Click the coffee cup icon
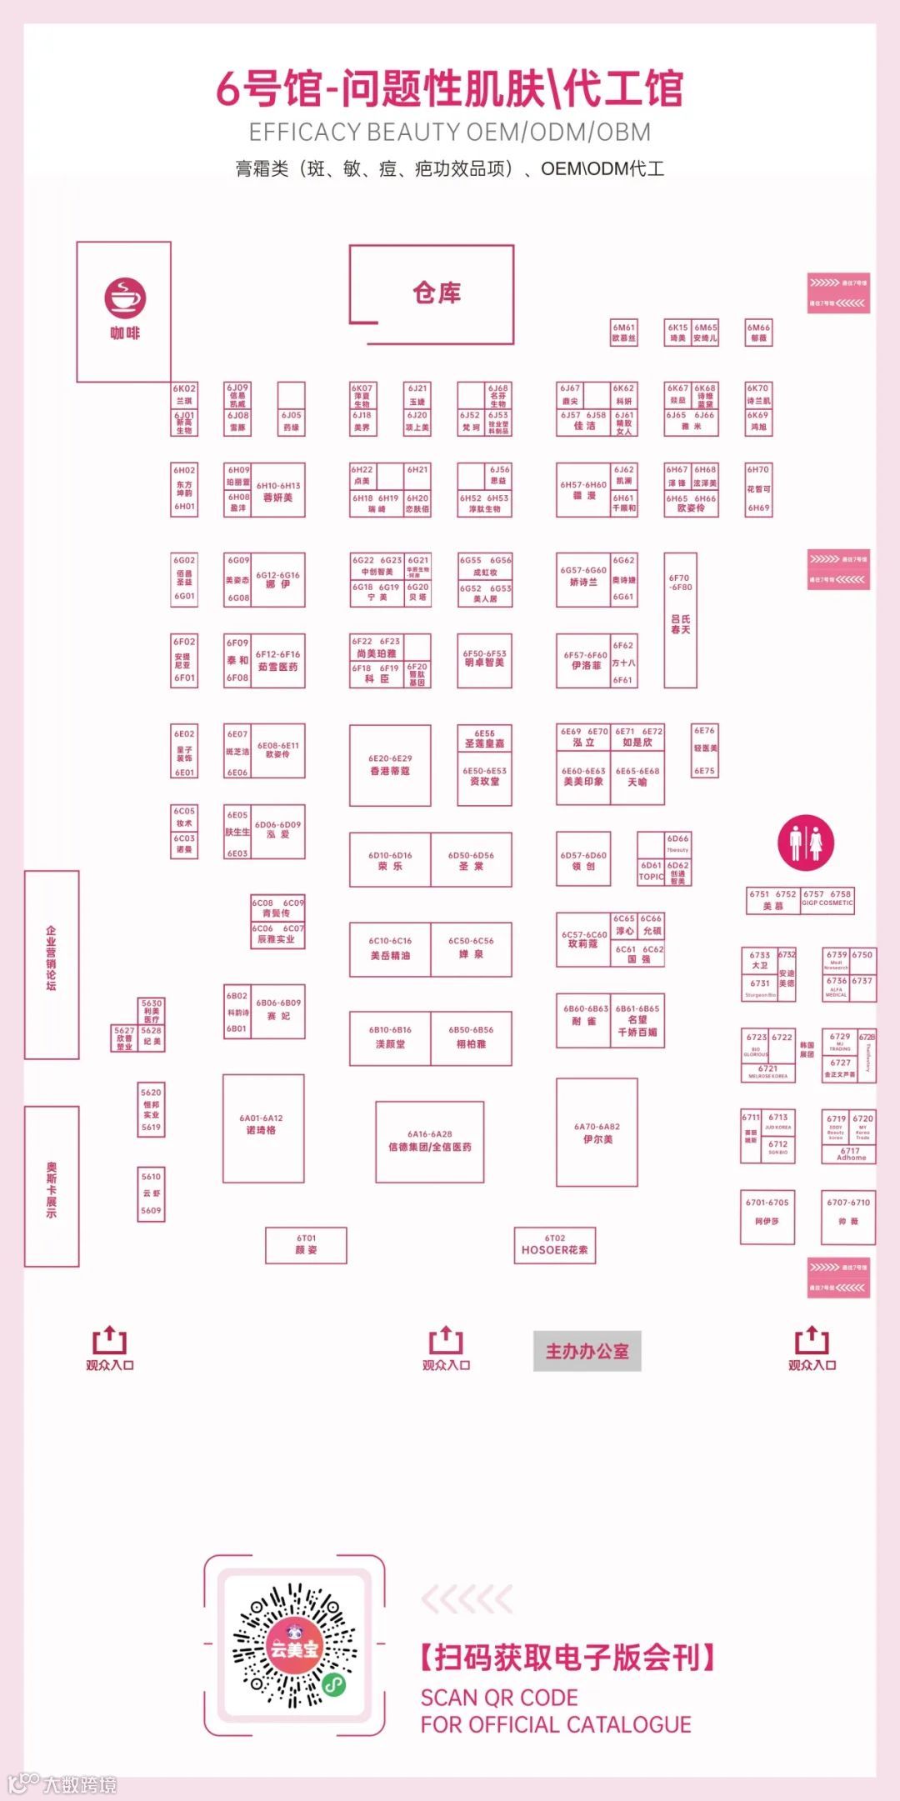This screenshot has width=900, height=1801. (x=125, y=298)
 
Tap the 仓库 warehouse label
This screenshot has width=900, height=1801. (x=437, y=293)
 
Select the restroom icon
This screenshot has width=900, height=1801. (x=805, y=841)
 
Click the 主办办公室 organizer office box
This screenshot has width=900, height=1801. (x=587, y=1351)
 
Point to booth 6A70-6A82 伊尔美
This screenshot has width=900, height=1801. (x=597, y=1132)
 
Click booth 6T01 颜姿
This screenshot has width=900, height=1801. (x=306, y=1245)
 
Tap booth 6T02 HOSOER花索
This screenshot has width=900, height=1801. (x=554, y=1245)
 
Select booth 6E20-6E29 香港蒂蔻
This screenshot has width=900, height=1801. (x=390, y=765)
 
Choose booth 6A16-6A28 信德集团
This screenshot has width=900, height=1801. (x=430, y=1140)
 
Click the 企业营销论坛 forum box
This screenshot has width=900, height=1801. (x=52, y=964)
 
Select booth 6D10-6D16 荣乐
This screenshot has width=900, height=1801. (x=390, y=860)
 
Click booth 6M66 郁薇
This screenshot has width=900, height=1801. (x=758, y=333)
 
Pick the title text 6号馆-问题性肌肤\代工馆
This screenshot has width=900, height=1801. (x=450, y=88)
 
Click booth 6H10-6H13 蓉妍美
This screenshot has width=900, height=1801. (x=277, y=492)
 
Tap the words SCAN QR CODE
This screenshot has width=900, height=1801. (x=498, y=1698)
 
